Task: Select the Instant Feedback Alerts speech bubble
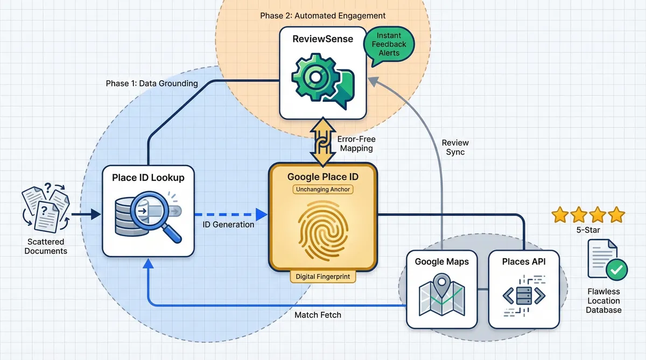[389, 45]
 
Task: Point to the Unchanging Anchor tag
[322, 189]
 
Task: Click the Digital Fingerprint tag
[322, 277]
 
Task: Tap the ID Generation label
[228, 224]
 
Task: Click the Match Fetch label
[318, 315]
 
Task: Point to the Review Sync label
[455, 147]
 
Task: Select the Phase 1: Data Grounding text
[152, 83]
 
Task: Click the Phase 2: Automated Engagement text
[322, 16]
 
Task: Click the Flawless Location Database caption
[604, 301]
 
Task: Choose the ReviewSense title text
[322, 39]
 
